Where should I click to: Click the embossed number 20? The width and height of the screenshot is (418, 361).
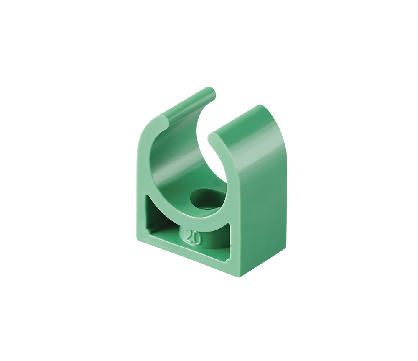(x=193, y=236)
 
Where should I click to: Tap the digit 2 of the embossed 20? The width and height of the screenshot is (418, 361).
(x=189, y=235)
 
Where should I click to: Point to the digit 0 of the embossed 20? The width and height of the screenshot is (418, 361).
(x=197, y=238)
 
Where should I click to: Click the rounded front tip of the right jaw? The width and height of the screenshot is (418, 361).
(x=214, y=138)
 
